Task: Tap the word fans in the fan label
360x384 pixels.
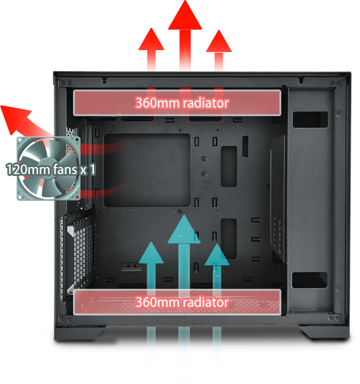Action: (64, 169)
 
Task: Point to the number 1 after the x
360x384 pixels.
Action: (92, 169)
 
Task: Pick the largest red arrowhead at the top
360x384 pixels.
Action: (185, 15)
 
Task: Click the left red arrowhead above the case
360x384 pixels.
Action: (151, 39)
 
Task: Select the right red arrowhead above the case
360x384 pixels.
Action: (218, 41)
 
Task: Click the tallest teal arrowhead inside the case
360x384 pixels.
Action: (184, 229)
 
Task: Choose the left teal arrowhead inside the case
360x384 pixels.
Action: (152, 253)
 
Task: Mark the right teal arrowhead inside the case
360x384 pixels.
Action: (217, 255)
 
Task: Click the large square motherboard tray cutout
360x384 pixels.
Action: (147, 170)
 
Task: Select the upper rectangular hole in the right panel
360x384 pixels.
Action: (310, 120)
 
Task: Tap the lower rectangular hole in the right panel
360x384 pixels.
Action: (310, 280)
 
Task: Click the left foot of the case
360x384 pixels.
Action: (80, 333)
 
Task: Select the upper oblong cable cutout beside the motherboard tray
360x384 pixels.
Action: (229, 166)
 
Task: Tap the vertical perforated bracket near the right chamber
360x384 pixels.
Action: (278, 199)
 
